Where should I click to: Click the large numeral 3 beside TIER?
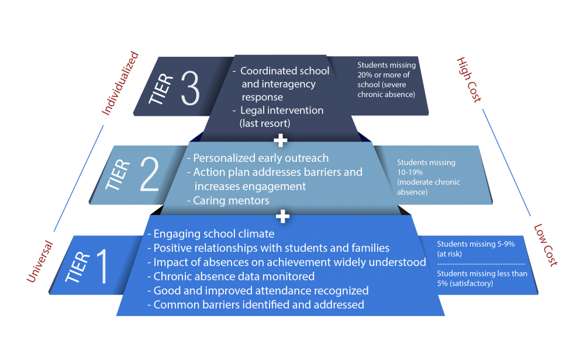pyautogui.click(x=191, y=88)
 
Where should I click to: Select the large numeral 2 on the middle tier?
pyautogui.click(x=150, y=174)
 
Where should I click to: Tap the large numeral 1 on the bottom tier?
pyautogui.click(x=102, y=266)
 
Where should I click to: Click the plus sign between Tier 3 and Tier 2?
pyautogui.click(x=281, y=140)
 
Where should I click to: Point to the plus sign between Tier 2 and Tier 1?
pyautogui.click(x=282, y=217)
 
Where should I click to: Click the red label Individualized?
pyautogui.click(x=120, y=83)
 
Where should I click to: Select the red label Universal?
pyautogui.click(x=40, y=261)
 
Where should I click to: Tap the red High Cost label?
pyautogui.click(x=469, y=80)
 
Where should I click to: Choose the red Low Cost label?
pyautogui.click(x=546, y=245)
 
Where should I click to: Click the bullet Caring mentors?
pyautogui.click(x=228, y=200)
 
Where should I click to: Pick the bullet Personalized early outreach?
pyautogui.click(x=258, y=158)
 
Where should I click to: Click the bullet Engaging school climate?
pyautogui.click(x=211, y=234)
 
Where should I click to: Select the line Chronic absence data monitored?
pyautogui.click(x=231, y=276)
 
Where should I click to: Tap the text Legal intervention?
pyautogui.click(x=278, y=110)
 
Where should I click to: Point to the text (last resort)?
pyautogui.click(x=265, y=123)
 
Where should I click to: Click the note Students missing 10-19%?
pyautogui.click(x=426, y=167)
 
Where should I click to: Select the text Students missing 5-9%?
pyautogui.click(x=476, y=244)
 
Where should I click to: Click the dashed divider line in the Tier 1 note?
pyautogui.click(x=481, y=264)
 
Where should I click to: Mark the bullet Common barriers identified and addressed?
pyautogui.click(x=256, y=305)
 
